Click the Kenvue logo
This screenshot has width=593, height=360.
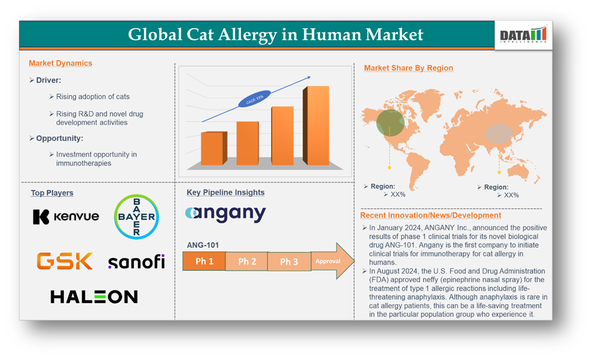click(x=66, y=217)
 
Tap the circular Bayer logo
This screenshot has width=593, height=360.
click(x=136, y=217)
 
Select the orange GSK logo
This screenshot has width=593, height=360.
click(x=64, y=261)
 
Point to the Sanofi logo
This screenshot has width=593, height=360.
click(x=136, y=262)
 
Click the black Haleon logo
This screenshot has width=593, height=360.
click(x=94, y=297)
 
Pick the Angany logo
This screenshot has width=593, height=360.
click(x=226, y=214)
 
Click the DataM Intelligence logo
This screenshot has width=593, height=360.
click(x=523, y=35)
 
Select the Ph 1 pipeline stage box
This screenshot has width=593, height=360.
click(x=204, y=261)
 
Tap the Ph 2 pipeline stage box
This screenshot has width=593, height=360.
click(x=247, y=261)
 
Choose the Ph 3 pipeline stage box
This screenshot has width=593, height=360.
click(x=289, y=261)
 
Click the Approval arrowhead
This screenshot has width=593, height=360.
click(x=332, y=261)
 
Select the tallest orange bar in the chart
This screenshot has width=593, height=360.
click(x=316, y=125)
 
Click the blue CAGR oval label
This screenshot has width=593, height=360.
click(x=255, y=99)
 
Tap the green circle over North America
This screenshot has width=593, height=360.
click(x=391, y=123)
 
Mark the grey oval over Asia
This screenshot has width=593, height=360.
click(x=499, y=134)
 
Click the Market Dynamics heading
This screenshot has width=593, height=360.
click(x=60, y=63)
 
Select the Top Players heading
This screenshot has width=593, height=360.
click(x=52, y=193)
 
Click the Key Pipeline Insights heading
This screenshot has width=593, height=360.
click(x=225, y=193)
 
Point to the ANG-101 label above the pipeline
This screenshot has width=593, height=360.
click(x=202, y=245)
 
